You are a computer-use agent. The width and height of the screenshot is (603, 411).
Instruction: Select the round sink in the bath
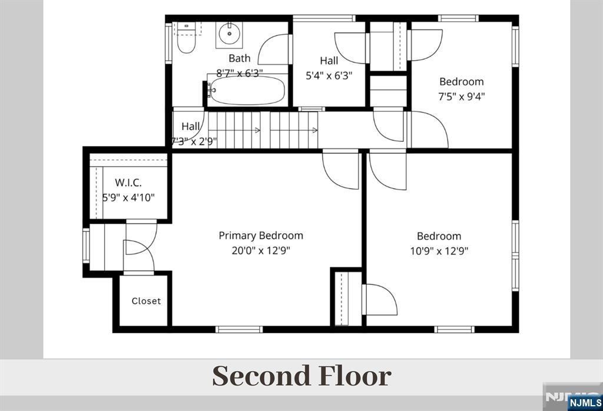coord(230,34)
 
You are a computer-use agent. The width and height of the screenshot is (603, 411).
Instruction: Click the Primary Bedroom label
coord(261,236)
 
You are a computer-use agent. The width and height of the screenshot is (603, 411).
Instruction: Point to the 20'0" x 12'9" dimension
coord(261,251)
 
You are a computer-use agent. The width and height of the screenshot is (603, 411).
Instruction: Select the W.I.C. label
coord(128,183)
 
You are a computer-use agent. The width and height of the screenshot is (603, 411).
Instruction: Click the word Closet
coord(146,301)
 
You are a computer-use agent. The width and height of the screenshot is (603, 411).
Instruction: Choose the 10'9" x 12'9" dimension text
coord(439,251)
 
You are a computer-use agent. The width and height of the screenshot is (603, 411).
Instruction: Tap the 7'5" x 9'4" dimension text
coord(462,96)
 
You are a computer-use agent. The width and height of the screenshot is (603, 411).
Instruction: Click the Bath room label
coord(239,58)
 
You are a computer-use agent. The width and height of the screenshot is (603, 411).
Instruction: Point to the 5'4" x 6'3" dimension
coord(329,76)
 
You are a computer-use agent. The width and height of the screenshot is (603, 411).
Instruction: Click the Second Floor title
coord(302,376)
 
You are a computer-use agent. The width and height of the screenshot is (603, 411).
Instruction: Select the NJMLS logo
coord(585,403)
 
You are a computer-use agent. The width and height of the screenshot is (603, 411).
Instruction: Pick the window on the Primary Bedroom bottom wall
coord(239,330)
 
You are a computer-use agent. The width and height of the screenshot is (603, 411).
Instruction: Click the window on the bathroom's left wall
coord(168,42)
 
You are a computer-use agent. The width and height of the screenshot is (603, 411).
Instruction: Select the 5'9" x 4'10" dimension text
coord(128,198)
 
